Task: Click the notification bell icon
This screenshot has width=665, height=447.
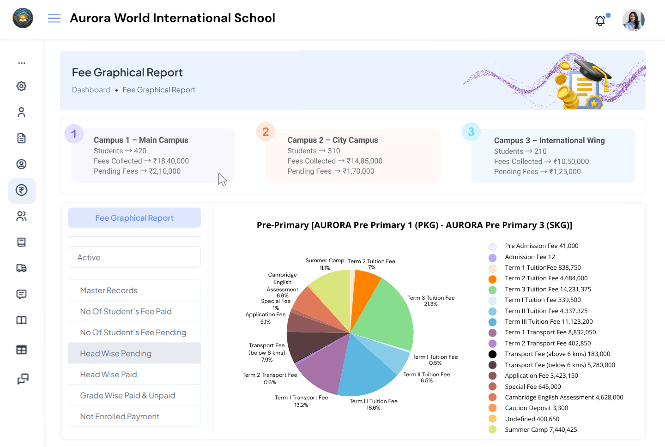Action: (600, 20)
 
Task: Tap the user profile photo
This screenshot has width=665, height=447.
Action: (633, 20)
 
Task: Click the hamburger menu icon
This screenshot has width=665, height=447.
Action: (54, 18)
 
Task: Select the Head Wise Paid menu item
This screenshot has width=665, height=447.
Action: (109, 375)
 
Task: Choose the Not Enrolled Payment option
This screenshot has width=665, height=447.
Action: (120, 417)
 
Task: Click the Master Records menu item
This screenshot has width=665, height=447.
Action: (109, 290)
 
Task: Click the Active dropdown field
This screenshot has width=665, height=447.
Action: (134, 257)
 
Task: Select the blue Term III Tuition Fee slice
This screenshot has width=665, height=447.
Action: (365, 369)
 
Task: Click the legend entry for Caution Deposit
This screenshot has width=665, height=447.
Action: (536, 408)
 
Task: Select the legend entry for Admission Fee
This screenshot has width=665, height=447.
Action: (530, 257)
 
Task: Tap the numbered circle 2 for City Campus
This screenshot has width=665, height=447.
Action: (266, 132)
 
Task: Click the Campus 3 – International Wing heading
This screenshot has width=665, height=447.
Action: (549, 140)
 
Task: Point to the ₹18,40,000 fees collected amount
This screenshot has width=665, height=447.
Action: (171, 161)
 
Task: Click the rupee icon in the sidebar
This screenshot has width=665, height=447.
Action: (22, 190)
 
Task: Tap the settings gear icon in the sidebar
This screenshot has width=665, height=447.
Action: (22, 86)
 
